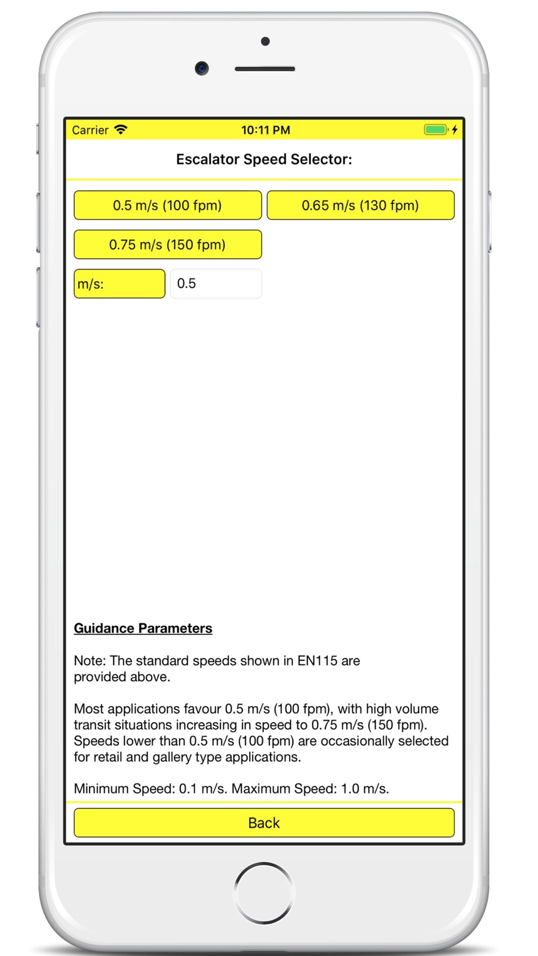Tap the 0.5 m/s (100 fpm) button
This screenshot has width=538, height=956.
(167, 205)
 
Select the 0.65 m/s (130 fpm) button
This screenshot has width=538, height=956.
(360, 205)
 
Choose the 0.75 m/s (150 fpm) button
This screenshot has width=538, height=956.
(167, 245)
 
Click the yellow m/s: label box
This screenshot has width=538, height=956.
(119, 284)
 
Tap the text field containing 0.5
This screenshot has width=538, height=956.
(216, 284)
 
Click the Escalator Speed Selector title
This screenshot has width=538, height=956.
(264, 159)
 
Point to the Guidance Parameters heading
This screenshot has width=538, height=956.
(143, 628)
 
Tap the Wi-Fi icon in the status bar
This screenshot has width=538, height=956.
(121, 130)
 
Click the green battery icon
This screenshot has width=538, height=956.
(435, 130)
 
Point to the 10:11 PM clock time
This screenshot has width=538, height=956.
(265, 130)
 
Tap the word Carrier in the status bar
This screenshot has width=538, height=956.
(90, 130)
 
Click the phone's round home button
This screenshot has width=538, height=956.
(264, 893)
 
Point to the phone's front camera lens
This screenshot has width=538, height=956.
(202, 68)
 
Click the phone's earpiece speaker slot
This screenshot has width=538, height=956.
(265, 69)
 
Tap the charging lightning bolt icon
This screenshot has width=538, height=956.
(455, 130)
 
